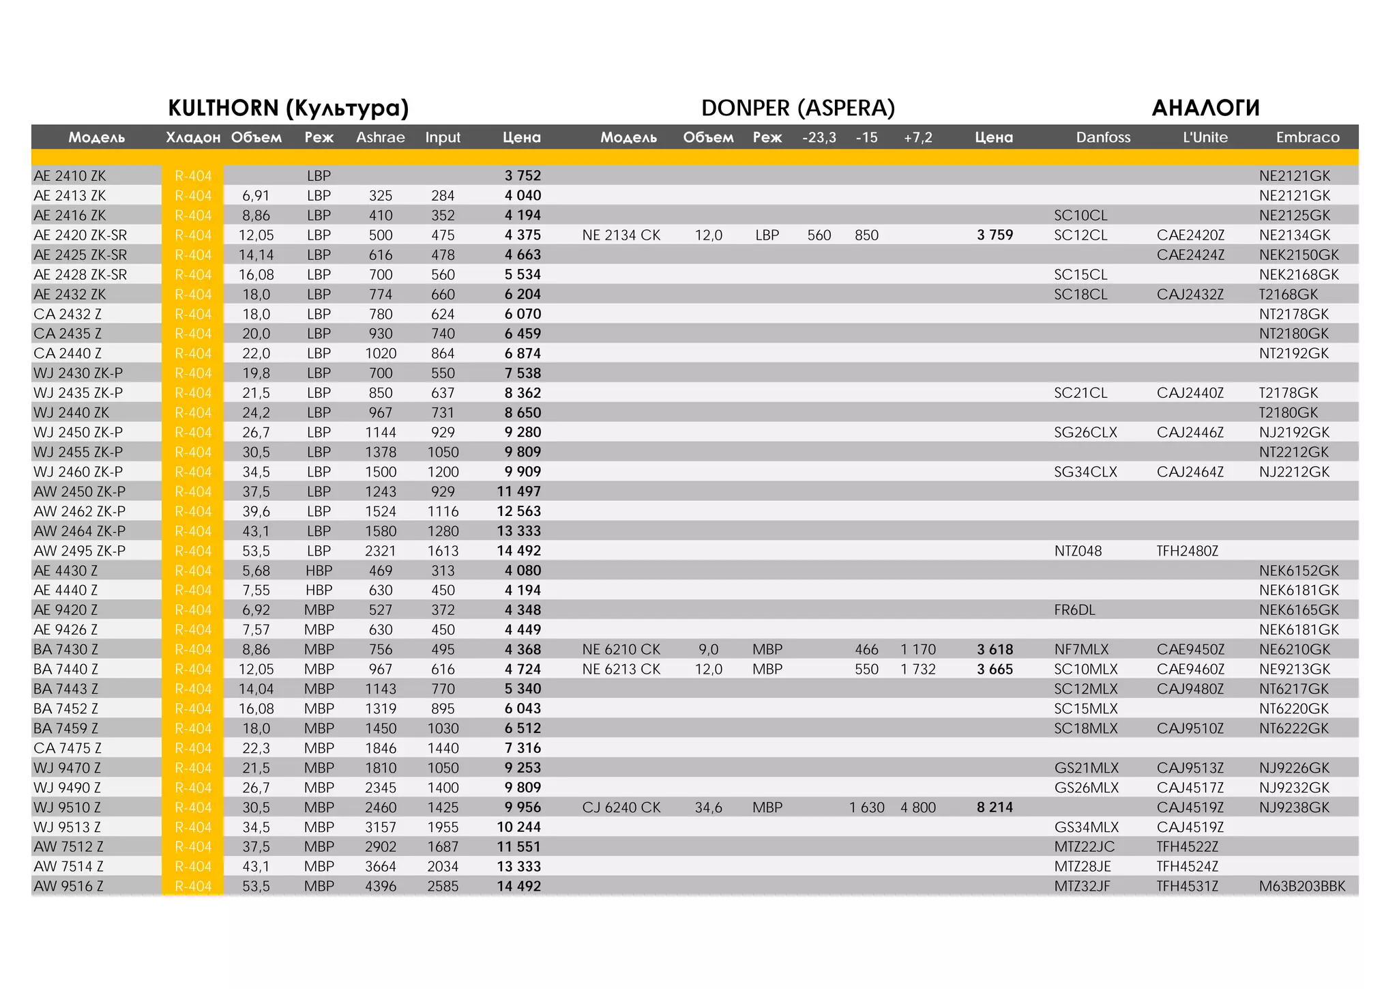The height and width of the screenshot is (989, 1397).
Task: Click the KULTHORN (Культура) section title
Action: coord(288,108)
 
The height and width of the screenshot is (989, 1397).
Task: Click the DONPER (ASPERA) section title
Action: coord(797,108)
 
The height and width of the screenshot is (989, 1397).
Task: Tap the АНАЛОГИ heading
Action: coord(1205,108)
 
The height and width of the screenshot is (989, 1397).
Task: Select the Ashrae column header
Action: coord(380,137)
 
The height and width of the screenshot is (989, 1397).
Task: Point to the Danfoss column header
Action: coord(1103,137)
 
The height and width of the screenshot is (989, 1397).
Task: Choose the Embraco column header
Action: coord(1308,137)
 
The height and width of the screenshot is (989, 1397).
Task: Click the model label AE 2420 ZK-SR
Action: coord(80,235)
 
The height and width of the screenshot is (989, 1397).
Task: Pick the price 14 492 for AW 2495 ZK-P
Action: coord(518,551)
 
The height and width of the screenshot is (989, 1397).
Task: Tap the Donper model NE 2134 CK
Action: coord(621,235)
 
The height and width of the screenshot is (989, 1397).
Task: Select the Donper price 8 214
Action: coord(995,807)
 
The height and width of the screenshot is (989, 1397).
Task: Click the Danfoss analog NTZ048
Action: coord(1078,551)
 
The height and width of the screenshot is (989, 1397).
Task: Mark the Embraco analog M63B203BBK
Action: coord(1302,886)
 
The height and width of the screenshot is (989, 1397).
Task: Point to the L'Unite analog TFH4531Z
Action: coord(1187,886)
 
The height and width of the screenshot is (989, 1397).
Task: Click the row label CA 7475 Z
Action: coord(68,748)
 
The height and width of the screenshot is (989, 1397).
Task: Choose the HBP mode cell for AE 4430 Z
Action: coord(319,571)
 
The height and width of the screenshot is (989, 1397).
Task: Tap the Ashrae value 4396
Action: coord(380,886)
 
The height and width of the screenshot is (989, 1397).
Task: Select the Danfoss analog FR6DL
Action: coord(1074,610)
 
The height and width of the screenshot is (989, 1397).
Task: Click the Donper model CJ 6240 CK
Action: coord(621,807)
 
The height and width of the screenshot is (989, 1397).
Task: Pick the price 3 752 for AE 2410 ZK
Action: coord(523,175)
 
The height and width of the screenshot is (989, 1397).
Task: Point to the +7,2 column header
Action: coord(917,137)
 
